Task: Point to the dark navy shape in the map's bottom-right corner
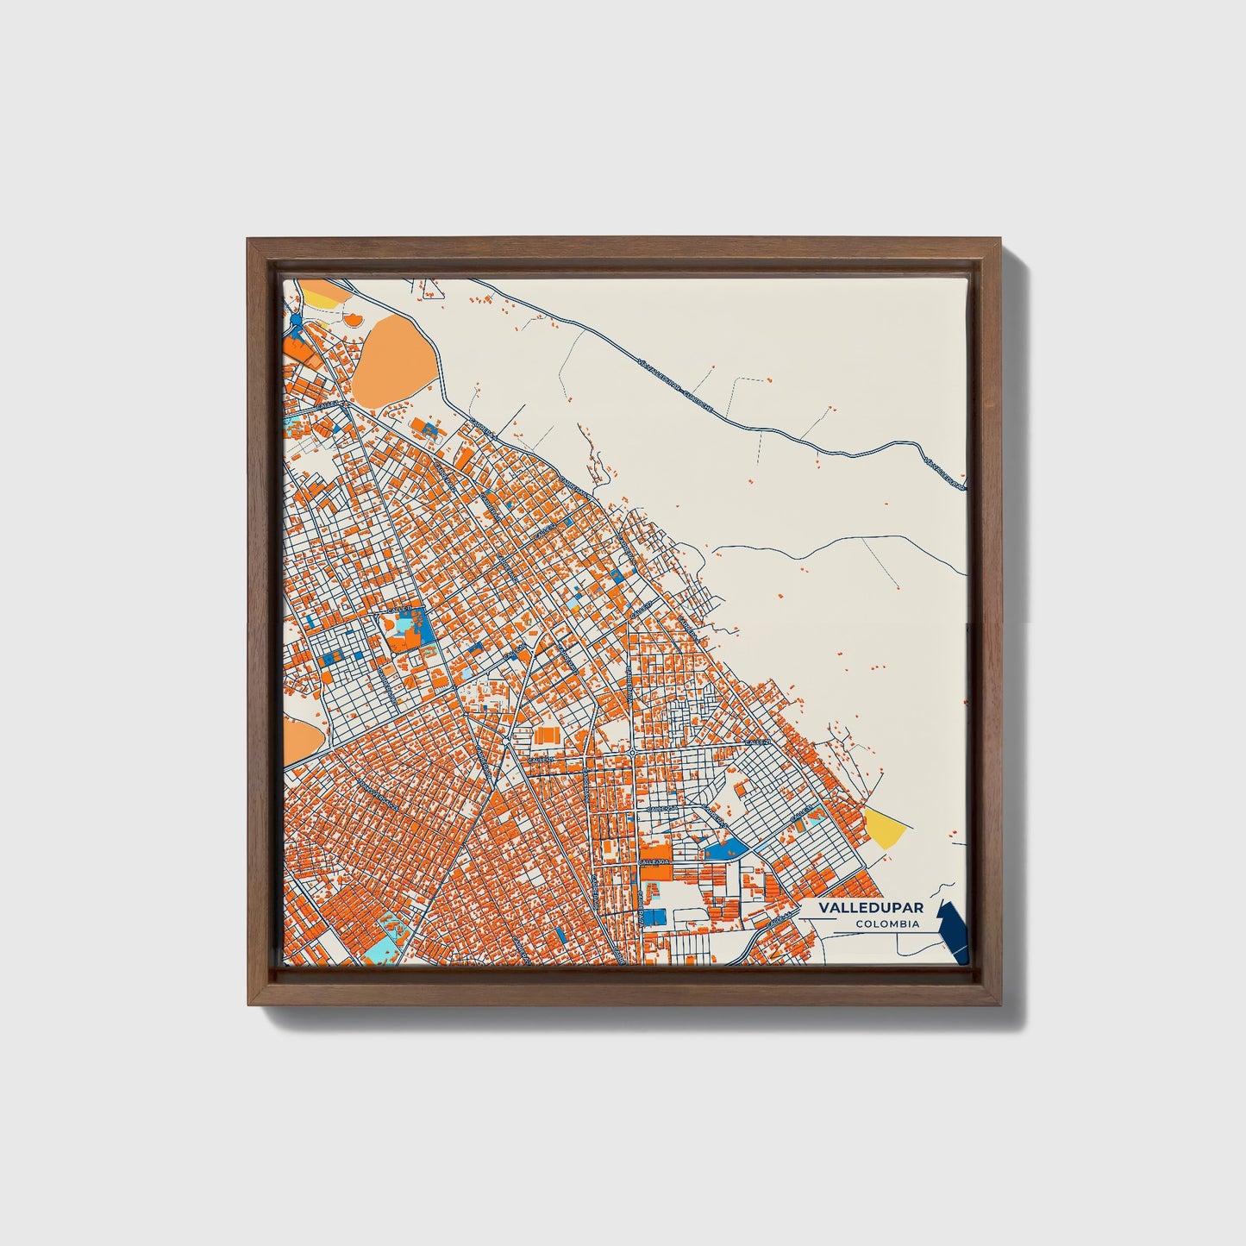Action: click(x=955, y=930)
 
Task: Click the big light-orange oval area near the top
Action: click(x=393, y=354)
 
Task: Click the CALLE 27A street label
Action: click(x=661, y=809)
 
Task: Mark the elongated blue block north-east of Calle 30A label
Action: click(x=726, y=848)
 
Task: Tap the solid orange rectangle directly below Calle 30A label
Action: click(x=654, y=873)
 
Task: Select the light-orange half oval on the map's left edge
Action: click(x=298, y=742)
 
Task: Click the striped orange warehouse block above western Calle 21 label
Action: click(x=546, y=735)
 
